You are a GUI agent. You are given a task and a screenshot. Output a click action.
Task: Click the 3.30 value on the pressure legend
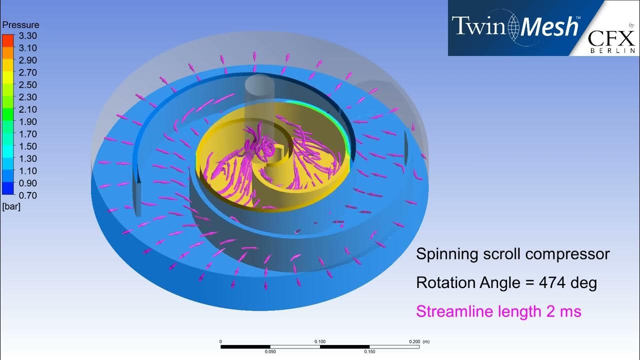pyautogui.click(x=27, y=36)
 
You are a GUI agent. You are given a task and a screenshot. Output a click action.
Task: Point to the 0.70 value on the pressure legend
pyautogui.click(x=27, y=195)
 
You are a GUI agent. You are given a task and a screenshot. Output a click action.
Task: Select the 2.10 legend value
pyautogui.click(x=27, y=109)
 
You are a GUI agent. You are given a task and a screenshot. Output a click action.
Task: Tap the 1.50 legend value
pyautogui.click(x=27, y=146)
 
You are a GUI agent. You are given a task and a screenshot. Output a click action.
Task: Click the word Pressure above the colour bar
pyautogui.click(x=20, y=24)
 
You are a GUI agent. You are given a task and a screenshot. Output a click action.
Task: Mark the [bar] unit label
pyautogui.click(x=11, y=206)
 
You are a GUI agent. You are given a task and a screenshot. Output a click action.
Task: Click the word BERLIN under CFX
pyautogui.click(x=613, y=50)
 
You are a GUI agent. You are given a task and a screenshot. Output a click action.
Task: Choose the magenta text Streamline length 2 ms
pyautogui.click(x=498, y=311)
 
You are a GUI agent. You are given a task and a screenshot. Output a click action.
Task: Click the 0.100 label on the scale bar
pyautogui.click(x=320, y=341)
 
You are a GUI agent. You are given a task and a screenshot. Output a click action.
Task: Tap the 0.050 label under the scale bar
pyautogui.click(x=270, y=351)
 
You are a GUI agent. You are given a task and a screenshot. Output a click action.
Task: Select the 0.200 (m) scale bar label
pyautogui.click(x=419, y=341)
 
